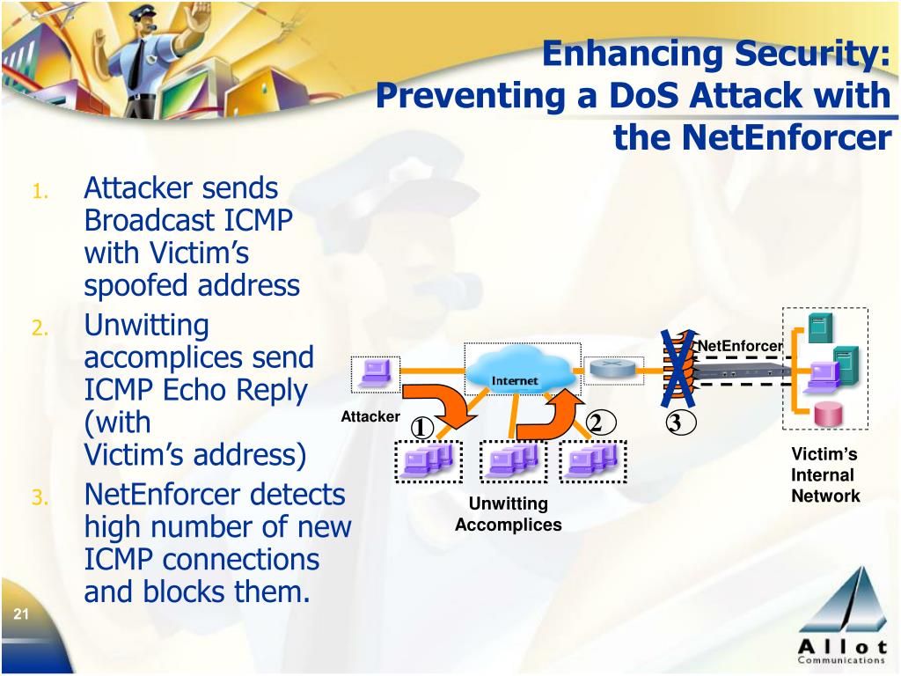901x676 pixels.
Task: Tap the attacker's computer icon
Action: click(x=374, y=373)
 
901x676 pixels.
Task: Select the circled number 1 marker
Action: click(x=421, y=428)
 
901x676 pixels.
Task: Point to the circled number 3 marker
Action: click(x=675, y=423)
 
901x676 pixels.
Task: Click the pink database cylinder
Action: click(x=827, y=414)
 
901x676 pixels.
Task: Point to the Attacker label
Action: click(x=370, y=416)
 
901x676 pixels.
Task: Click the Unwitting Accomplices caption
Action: click(x=508, y=514)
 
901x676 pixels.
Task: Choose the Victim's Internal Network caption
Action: click(x=824, y=475)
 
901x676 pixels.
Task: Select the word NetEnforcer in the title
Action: click(x=752, y=137)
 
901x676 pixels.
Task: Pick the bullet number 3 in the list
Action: click(x=39, y=499)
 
